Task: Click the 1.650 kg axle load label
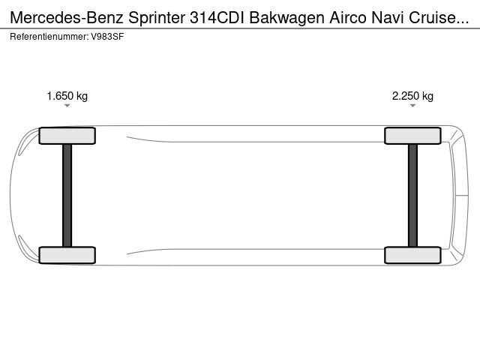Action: pos(67,96)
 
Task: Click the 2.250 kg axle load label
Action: pos(412,96)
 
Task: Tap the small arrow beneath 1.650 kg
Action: pos(67,106)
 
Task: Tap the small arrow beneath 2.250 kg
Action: pos(412,106)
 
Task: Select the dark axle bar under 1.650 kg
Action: pos(67,195)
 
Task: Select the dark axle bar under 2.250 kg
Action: pos(412,195)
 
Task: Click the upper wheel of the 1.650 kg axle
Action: pos(67,136)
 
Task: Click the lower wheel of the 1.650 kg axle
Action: pos(67,255)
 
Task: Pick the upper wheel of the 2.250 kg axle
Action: pos(412,136)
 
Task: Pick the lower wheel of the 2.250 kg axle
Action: pos(412,255)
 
